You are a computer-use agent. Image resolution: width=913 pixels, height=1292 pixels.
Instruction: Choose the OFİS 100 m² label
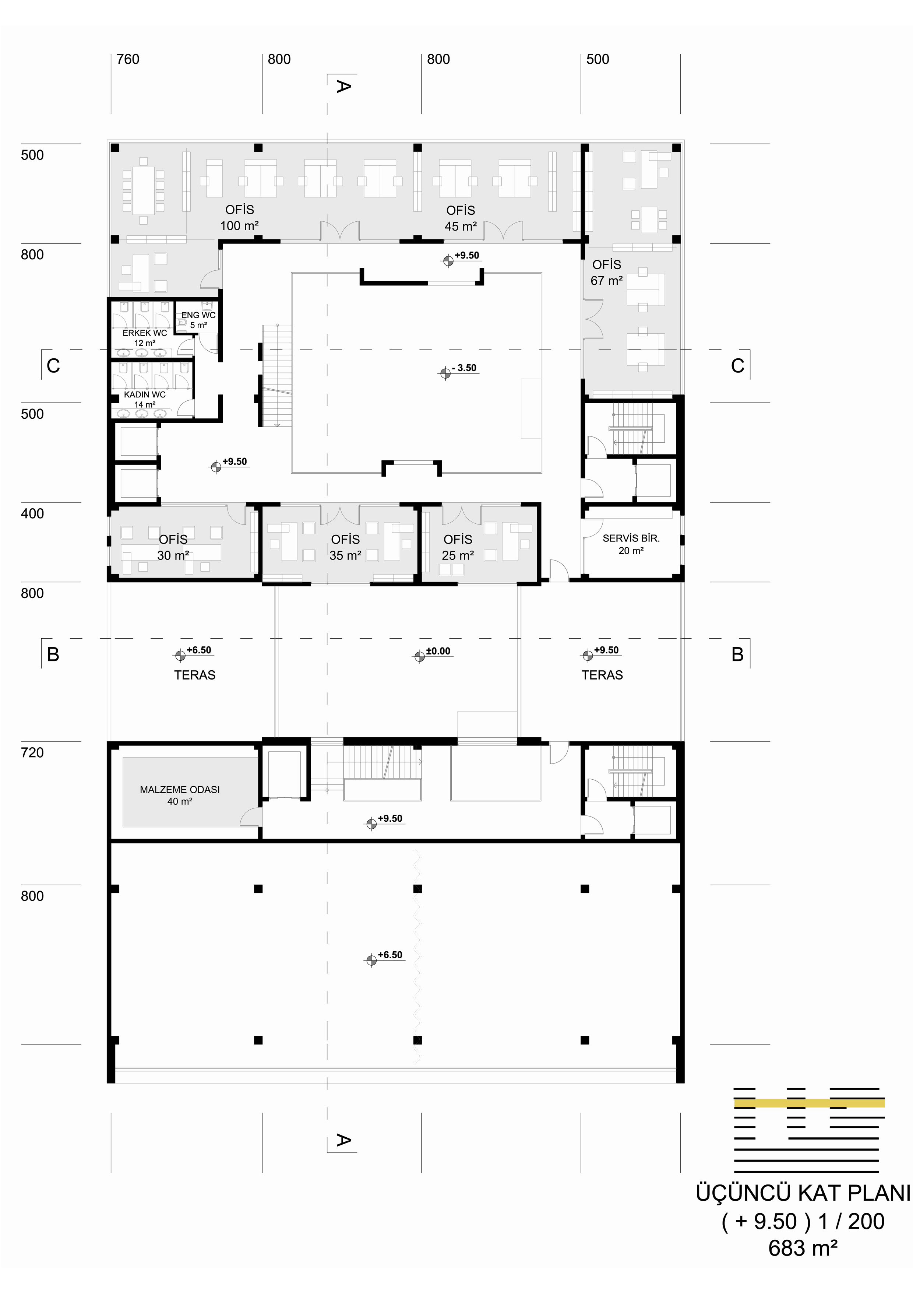[x=240, y=218]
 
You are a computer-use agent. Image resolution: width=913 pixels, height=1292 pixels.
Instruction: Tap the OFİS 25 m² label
[x=458, y=548]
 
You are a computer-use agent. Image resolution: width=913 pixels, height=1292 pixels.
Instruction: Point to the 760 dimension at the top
[x=128, y=59]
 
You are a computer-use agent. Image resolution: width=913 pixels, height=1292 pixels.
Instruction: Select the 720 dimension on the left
[x=32, y=752]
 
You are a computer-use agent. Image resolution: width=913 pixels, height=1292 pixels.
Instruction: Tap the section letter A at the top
[x=343, y=86]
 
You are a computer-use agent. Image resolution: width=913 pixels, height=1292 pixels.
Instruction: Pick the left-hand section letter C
[x=53, y=366]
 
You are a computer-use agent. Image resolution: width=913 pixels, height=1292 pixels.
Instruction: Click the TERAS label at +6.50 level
[x=195, y=675]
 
